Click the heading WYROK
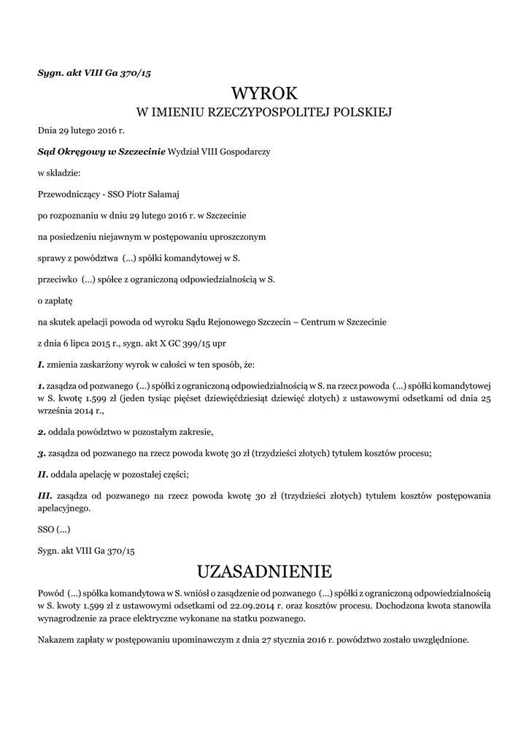(x=265, y=94)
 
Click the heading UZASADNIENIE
(x=265, y=569)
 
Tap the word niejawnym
(x=128, y=236)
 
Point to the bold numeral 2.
(x=42, y=431)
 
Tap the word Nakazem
(x=56, y=640)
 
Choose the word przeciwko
(x=57, y=279)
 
